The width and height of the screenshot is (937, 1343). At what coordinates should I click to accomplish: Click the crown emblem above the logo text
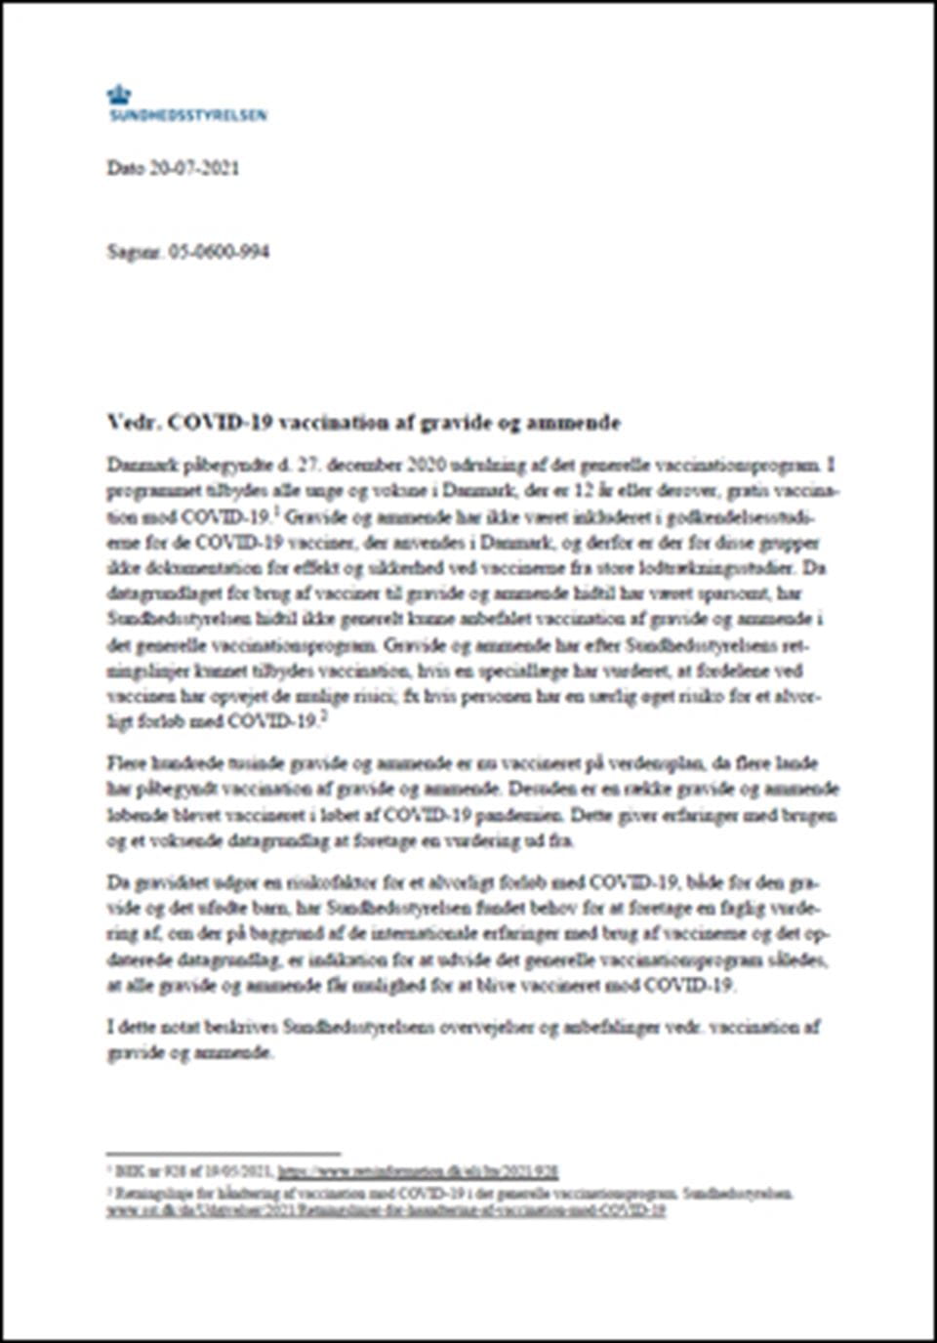pyautogui.click(x=119, y=95)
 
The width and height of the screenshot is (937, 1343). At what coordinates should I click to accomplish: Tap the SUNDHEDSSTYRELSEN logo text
pyautogui.click(x=186, y=115)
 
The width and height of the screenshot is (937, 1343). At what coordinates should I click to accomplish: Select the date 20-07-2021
pyautogui.click(x=194, y=168)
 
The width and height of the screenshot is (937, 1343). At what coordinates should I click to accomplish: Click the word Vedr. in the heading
pyautogui.click(x=133, y=423)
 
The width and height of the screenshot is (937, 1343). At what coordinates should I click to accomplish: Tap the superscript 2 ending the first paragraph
pyautogui.click(x=324, y=717)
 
